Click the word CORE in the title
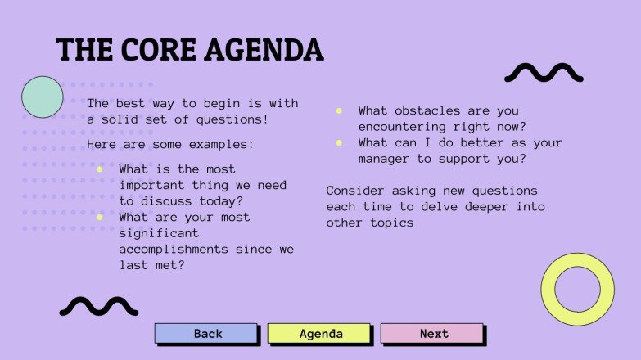pyautogui.click(x=163, y=51)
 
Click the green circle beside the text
pyautogui.click(x=42, y=97)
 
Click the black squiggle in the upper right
pyautogui.click(x=544, y=74)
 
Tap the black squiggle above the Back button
pyautogui.click(x=98, y=306)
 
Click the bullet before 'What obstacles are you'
pyautogui.click(x=339, y=110)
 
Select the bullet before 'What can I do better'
pyautogui.click(x=339, y=142)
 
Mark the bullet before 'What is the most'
pyautogui.click(x=99, y=169)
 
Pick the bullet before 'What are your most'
pyautogui.click(x=99, y=218)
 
